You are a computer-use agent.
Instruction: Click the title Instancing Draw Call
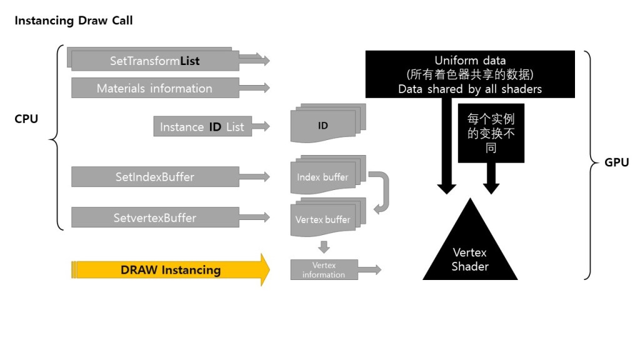[74, 21]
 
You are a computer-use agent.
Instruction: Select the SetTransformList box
[154, 61]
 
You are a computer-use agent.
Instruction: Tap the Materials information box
[154, 88]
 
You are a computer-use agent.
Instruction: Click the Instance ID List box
[202, 127]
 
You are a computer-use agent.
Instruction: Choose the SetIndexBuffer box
[154, 177]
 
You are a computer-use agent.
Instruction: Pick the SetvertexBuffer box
[154, 218]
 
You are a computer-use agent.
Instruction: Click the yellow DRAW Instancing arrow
[170, 270]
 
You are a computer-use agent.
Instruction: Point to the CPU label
[26, 119]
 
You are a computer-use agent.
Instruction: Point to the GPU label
[617, 163]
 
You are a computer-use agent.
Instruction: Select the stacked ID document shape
[323, 126]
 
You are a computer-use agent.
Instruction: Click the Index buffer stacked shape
[323, 177]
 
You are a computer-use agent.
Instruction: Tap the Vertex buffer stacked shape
[323, 219]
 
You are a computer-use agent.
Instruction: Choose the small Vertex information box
[324, 270]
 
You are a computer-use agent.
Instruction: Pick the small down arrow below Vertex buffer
[324, 247]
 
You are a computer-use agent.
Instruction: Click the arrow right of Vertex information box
[370, 270]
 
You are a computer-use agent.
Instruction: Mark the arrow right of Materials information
[255, 88]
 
